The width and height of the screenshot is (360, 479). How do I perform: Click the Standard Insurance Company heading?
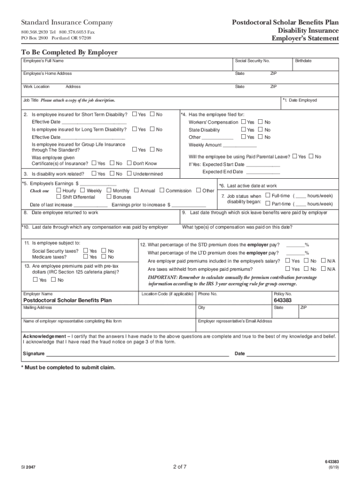[x=67, y=22]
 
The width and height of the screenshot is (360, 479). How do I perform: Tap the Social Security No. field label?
[x=252, y=61]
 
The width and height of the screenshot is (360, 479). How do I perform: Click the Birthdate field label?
[x=303, y=61]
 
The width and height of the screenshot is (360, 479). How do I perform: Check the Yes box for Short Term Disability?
[x=135, y=115]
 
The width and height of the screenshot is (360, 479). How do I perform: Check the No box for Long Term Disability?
[x=152, y=129]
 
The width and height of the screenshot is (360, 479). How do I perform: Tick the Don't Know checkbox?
[x=129, y=163]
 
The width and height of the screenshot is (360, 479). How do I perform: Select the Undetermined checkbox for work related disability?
[x=129, y=174]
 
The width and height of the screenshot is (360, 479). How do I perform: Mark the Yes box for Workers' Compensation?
[x=243, y=122]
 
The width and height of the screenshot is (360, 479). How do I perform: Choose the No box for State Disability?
[x=260, y=130]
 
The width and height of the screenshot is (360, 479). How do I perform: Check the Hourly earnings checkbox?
[x=58, y=190]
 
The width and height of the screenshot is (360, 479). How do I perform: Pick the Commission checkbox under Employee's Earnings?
[x=162, y=190]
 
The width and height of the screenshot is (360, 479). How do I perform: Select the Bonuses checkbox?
[x=109, y=197]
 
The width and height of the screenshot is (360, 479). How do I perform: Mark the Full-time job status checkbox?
[x=267, y=196]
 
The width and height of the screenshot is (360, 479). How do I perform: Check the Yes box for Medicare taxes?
[x=86, y=257]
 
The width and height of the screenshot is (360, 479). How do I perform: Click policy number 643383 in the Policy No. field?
[x=283, y=300]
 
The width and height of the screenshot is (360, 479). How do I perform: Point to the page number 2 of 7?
[x=180, y=466]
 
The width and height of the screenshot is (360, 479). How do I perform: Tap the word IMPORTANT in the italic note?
[x=162, y=277]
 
